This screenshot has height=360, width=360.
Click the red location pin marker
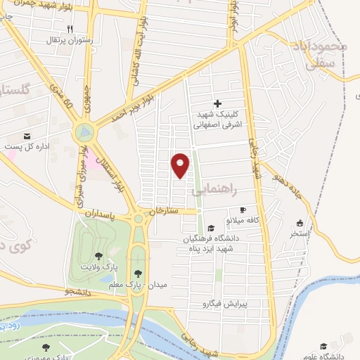click(181, 165)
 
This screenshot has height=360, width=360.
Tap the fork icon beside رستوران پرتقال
click(70, 28)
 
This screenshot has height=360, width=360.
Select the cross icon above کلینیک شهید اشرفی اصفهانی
click(217, 103)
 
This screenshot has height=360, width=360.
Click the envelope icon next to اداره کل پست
click(27, 135)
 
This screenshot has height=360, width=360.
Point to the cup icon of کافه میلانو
click(243, 210)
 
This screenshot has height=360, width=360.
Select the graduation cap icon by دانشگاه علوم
click(323, 346)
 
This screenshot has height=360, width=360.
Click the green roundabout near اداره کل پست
click(84, 131)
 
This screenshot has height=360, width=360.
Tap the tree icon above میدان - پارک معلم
click(138, 274)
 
